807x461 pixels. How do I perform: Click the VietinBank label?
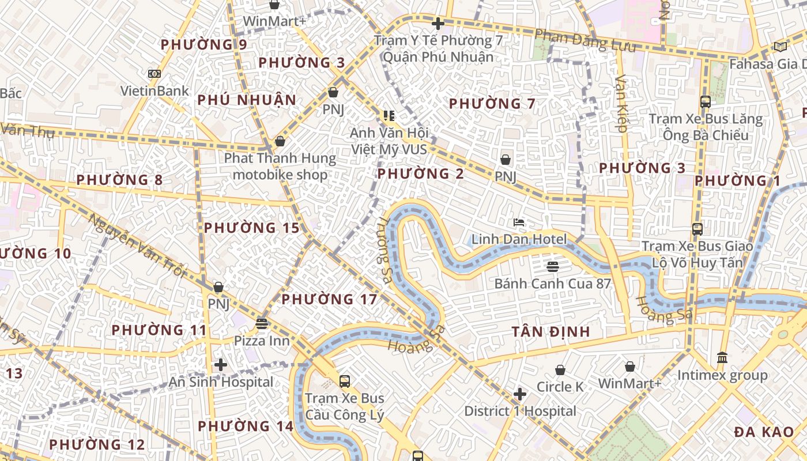154,90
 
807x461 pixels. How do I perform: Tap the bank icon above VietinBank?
154,74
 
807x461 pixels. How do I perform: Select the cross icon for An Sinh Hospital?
220,365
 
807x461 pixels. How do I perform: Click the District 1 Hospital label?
520,411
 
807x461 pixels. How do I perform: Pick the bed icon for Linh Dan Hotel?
519,222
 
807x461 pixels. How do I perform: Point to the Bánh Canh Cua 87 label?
552,284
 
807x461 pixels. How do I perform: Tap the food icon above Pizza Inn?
262,324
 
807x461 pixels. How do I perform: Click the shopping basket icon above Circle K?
560,370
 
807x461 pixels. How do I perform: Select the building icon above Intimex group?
722,358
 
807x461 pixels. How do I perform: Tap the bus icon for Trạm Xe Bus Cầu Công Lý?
345,381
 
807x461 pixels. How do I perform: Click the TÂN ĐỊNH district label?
550,332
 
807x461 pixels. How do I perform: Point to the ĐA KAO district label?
764,432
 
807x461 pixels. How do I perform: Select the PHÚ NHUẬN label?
247,100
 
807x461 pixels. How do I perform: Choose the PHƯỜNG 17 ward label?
329,300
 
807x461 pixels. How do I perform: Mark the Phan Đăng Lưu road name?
585,40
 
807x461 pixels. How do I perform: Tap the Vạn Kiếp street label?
621,104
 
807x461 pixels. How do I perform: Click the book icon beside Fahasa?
780,47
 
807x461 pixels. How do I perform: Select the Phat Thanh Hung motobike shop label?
280,166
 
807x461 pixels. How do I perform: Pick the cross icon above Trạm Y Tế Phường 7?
438,24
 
